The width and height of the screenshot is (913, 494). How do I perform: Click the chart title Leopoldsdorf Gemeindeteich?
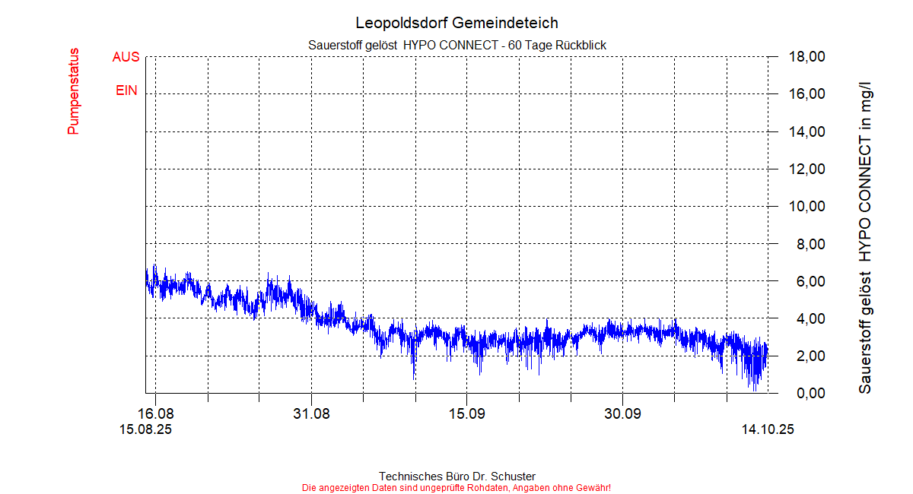click(456, 24)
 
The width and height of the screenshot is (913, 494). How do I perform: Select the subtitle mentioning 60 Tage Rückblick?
click(456, 46)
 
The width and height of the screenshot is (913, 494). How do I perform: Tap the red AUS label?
click(126, 57)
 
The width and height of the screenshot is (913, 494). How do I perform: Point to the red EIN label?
click(126, 90)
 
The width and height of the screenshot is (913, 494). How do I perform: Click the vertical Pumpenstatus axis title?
click(74, 92)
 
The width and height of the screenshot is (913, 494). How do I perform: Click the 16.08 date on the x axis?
click(155, 414)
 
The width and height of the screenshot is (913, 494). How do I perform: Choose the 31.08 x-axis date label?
click(311, 414)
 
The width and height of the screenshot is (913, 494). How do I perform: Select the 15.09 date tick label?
click(466, 414)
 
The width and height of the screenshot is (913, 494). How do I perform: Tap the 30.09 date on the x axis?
click(622, 414)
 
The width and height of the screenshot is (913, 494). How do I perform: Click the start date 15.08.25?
click(145, 429)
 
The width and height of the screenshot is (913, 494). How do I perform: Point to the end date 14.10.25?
click(768, 429)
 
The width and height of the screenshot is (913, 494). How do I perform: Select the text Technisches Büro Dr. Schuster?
click(456, 477)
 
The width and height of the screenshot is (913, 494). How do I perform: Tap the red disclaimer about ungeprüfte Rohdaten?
click(456, 487)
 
